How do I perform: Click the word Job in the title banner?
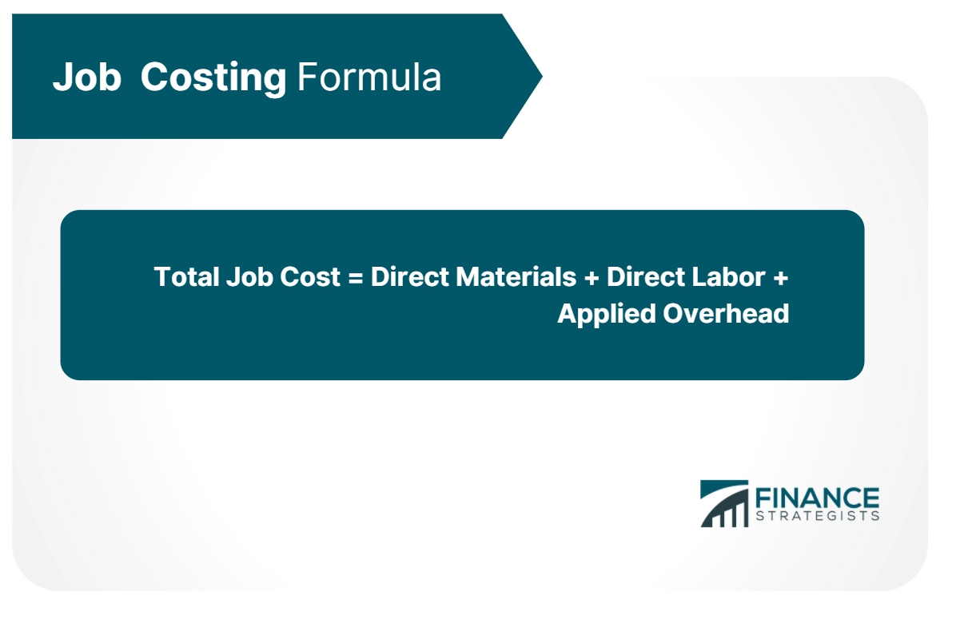(x=87, y=77)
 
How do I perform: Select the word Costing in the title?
(x=213, y=78)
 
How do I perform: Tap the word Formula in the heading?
(x=369, y=77)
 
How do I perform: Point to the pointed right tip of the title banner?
(x=542, y=77)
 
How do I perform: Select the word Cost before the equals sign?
(x=310, y=276)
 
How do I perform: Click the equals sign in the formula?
(x=356, y=278)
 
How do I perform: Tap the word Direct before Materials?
(x=409, y=276)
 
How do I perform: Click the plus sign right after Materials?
(x=591, y=278)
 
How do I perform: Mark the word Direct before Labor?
(x=645, y=276)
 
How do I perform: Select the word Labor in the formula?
(x=728, y=276)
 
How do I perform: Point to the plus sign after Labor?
(x=780, y=278)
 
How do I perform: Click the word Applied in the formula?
(x=607, y=315)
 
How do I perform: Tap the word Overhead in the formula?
(x=726, y=313)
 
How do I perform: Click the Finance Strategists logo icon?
(x=724, y=504)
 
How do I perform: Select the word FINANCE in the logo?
(x=817, y=498)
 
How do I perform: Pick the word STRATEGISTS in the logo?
(x=817, y=516)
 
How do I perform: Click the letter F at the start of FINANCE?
(x=763, y=498)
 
